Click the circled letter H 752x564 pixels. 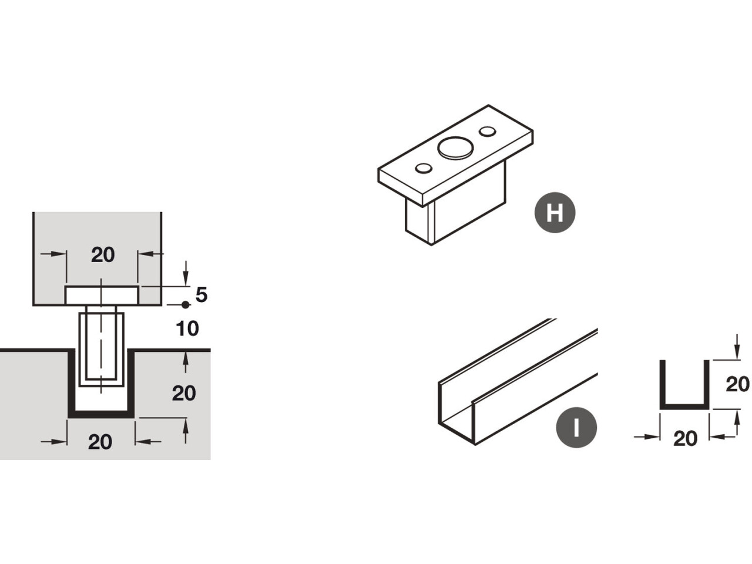coord(555,213)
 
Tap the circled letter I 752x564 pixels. coord(576,427)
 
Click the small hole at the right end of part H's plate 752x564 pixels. coord(486,130)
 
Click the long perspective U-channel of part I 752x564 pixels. coord(511,382)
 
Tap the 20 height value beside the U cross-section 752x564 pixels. coord(737,384)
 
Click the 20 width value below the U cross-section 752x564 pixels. coord(685,438)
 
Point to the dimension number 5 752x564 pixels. coord(202,295)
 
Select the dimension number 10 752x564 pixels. coord(187,328)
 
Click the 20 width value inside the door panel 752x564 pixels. coord(103,254)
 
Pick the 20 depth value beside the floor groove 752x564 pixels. coord(184,393)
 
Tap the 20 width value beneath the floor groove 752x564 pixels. coord(100,441)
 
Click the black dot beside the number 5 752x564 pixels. coord(186,304)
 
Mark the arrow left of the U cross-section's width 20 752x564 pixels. coord(646,437)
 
